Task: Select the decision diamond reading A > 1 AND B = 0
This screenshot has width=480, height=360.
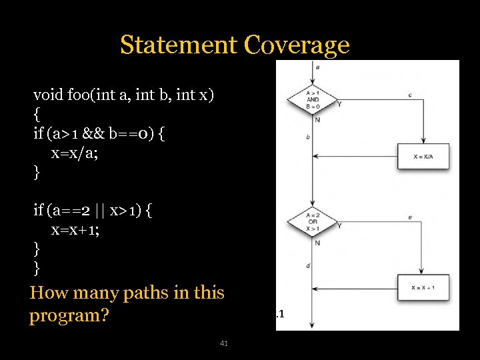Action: (313, 100)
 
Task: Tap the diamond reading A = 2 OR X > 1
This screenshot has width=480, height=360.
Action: (313, 221)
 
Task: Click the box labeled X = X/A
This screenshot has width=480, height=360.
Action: (424, 156)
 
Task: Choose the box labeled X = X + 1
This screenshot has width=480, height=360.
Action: (424, 287)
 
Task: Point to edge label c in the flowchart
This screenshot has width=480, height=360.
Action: (410, 95)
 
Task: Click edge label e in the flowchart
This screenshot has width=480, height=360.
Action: (410, 217)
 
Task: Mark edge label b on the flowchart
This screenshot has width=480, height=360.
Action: (308, 137)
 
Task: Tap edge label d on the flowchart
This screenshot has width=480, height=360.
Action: (308, 266)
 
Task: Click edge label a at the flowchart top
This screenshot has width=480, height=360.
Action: (316, 67)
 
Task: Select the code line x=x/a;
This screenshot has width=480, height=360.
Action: (75, 153)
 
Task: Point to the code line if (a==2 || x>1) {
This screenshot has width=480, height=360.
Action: (93, 211)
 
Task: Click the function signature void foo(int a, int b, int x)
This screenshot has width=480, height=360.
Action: (123, 94)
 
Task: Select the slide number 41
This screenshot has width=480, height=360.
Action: (224, 343)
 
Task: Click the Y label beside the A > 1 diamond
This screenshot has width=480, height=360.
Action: (339, 104)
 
